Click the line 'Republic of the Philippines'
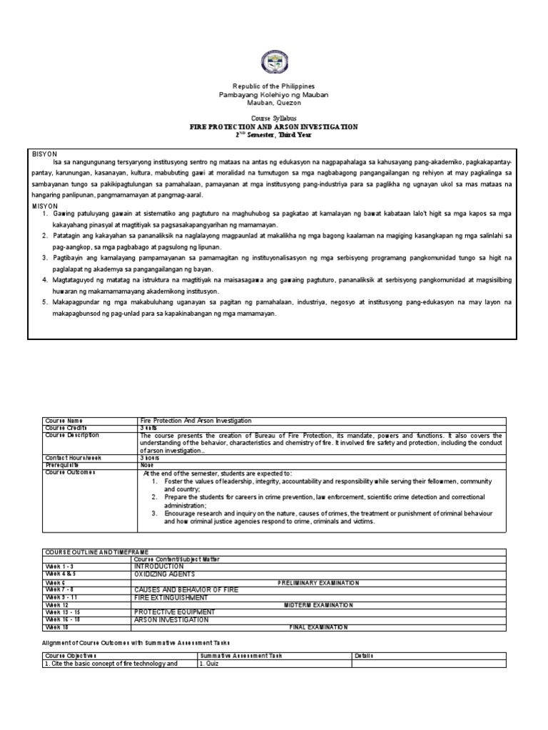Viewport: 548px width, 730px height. [x=274, y=86]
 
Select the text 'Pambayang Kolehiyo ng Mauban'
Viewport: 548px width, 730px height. [x=274, y=95]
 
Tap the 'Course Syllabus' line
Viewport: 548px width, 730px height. [x=274, y=118]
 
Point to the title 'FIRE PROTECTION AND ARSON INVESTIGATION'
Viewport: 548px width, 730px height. [x=274, y=126]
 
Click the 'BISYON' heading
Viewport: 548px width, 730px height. [x=44, y=154]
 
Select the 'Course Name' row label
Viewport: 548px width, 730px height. [x=64, y=421]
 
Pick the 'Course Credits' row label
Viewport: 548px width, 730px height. [x=66, y=428]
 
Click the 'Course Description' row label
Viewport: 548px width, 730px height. [x=71, y=436]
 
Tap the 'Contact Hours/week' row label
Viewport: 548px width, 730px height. [x=73, y=457]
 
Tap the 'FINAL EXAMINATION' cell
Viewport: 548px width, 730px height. [x=318, y=627]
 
